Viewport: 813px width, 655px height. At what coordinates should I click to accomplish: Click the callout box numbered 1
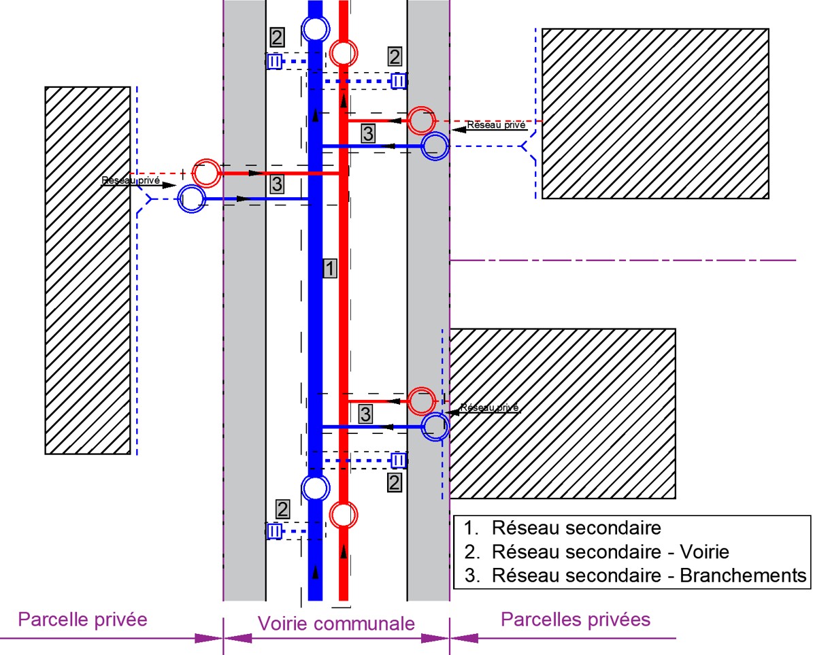330,269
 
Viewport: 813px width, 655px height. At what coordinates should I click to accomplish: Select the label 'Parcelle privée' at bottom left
82,619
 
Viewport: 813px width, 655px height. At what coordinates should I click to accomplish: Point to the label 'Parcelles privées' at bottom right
576,619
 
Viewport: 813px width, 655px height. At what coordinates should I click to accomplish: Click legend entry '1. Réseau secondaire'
563,528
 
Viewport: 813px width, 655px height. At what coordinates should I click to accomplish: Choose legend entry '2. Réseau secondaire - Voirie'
596,552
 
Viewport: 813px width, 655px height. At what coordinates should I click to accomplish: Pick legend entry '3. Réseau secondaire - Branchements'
635,575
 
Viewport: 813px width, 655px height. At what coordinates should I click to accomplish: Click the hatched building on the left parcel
88,271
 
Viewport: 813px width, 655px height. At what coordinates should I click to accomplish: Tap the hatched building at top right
655,114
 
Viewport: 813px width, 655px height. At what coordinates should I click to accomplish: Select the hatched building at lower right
563,414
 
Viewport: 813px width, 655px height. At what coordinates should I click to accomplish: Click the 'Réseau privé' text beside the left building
131,181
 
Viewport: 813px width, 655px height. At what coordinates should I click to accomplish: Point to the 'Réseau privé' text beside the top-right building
496,125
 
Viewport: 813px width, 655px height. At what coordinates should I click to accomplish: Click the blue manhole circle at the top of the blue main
316,29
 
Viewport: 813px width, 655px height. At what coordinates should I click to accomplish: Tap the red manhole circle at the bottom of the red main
344,515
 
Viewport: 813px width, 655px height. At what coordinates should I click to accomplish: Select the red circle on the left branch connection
207,173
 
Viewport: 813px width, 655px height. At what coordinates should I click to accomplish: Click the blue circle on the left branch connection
192,199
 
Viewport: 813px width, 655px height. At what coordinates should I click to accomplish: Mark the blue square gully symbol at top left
274,62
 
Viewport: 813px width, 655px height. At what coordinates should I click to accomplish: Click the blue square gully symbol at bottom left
274,531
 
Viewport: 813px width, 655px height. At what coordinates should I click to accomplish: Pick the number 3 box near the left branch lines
277,184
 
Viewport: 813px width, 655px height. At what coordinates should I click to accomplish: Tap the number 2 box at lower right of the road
395,482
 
